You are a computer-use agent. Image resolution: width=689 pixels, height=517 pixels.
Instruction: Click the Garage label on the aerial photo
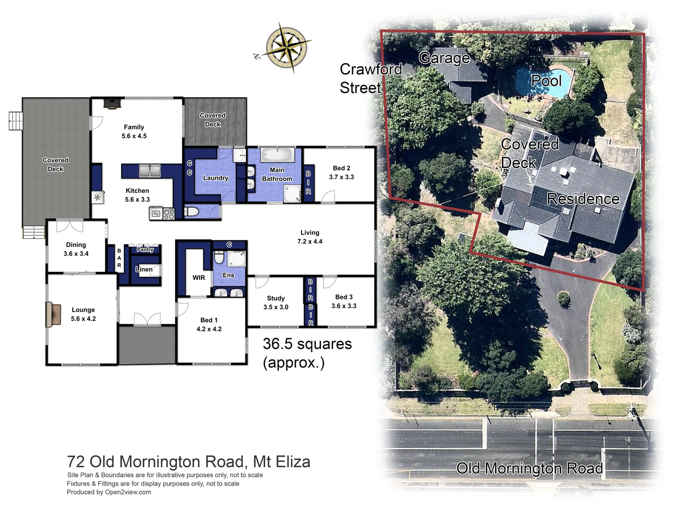pos(444,58)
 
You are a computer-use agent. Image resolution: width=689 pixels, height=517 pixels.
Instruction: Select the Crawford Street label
pos(370,79)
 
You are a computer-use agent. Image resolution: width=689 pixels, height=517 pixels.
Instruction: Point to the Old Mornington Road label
pos(529,468)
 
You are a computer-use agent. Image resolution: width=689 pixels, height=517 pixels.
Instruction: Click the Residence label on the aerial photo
pos(583,199)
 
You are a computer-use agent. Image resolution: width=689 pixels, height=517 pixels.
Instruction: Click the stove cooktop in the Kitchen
pos(169,214)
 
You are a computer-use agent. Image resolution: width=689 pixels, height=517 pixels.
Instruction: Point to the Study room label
pos(276,298)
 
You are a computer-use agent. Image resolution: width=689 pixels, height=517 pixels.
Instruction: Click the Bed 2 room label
pos(341,168)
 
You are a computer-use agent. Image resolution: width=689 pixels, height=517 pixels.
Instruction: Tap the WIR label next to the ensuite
pos(199,278)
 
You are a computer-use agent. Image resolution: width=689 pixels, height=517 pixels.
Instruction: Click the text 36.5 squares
pos(307,344)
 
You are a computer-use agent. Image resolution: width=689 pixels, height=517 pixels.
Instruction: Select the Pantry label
pos(145,249)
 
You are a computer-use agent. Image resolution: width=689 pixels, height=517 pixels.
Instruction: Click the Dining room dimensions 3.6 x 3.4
pos(76,254)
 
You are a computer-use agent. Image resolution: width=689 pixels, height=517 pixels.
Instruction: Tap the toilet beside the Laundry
pos(192,212)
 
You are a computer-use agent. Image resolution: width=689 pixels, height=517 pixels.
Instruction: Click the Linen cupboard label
pos(144,270)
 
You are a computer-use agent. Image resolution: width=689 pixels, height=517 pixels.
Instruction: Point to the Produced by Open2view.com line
pos(109,492)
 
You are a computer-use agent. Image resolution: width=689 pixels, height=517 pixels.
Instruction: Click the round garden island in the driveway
pos(564,299)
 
